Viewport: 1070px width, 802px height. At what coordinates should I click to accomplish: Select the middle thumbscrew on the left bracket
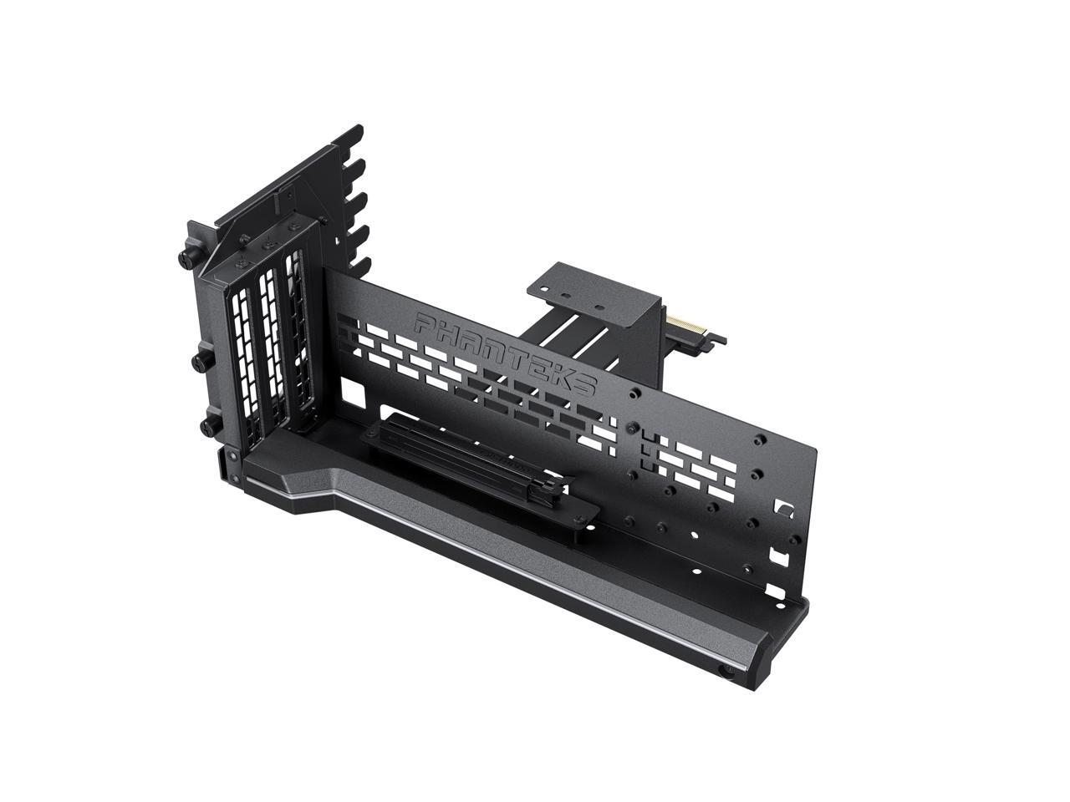201,362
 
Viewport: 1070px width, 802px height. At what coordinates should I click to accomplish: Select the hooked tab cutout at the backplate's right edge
784,507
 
